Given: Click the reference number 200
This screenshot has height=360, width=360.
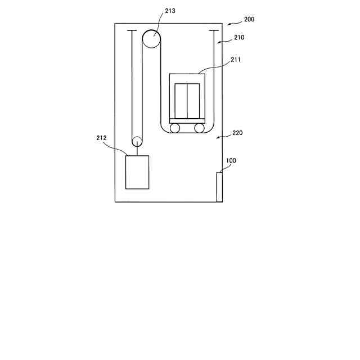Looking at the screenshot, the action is [249, 19].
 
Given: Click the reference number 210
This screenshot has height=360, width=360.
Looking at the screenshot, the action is [239, 38].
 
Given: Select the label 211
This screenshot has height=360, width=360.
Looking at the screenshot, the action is [236, 58].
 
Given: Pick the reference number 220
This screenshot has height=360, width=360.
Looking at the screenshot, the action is [237, 133].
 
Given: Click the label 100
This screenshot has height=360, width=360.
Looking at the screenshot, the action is [231, 160].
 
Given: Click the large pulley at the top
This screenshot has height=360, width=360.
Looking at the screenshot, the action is [151, 38].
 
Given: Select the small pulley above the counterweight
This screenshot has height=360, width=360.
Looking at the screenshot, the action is [137, 142].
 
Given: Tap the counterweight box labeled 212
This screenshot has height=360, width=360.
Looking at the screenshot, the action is [137, 172].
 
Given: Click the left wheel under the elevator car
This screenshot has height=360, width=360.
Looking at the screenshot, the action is [175, 128].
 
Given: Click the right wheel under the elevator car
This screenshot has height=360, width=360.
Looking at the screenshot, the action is [199, 128].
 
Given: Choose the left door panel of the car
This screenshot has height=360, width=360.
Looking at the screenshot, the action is [181, 100].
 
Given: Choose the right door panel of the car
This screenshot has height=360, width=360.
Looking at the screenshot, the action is [193, 100].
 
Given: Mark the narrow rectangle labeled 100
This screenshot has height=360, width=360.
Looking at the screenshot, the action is [219, 187].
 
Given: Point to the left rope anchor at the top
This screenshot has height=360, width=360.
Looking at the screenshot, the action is [132, 30].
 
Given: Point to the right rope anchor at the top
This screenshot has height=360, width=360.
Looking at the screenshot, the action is [214, 30].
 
